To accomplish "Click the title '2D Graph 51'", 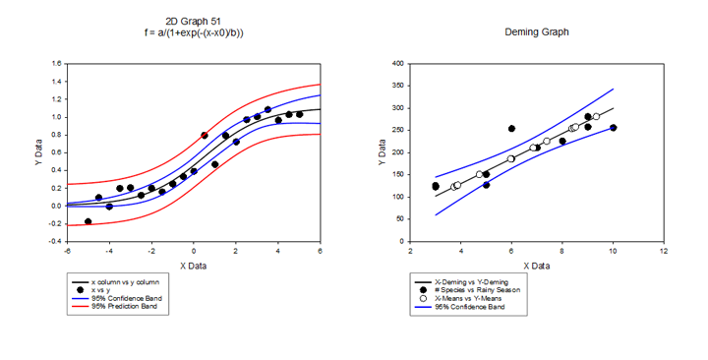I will tap(193, 22).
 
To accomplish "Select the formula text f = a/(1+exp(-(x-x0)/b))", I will tap(193, 33).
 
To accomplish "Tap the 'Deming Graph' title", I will tap(536, 32).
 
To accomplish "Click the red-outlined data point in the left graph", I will tap(205, 135).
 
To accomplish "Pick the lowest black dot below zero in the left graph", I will tap(88, 222).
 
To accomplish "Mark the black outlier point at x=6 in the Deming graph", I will tap(511, 129).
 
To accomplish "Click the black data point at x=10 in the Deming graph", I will tap(613, 128).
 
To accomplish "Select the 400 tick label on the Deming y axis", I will tap(399, 64).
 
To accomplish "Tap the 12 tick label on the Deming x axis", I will tap(664, 252).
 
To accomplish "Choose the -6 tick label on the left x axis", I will tap(67, 252).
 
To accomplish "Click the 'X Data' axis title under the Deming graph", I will tap(536, 266).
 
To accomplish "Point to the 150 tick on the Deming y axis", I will tap(399, 174).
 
